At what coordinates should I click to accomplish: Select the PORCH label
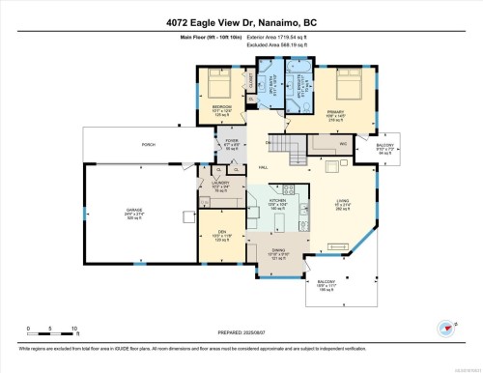(149, 146)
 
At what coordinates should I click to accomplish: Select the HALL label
(291, 166)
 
